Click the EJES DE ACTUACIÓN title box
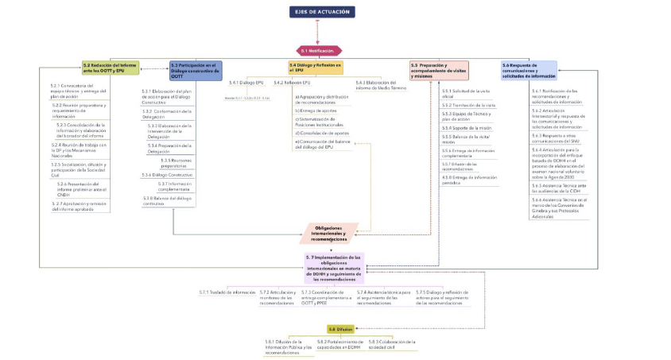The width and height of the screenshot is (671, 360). click(x=322, y=12)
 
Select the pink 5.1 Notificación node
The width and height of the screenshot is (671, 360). click(x=318, y=50)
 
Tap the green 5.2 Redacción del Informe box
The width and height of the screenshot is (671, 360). click(x=111, y=68)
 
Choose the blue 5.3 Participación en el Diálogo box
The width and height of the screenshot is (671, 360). click(x=195, y=69)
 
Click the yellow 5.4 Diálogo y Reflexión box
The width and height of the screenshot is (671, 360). click(x=316, y=68)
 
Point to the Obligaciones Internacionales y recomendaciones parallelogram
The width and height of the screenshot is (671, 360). click(x=329, y=232)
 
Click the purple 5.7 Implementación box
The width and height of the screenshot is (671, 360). click(x=334, y=268)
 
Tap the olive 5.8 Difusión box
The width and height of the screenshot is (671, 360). click(x=340, y=328)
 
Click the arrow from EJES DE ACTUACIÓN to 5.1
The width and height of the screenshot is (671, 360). click(x=318, y=32)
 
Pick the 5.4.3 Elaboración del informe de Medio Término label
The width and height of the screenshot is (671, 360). click(x=381, y=85)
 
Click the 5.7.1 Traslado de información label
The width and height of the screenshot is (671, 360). click(x=227, y=292)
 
